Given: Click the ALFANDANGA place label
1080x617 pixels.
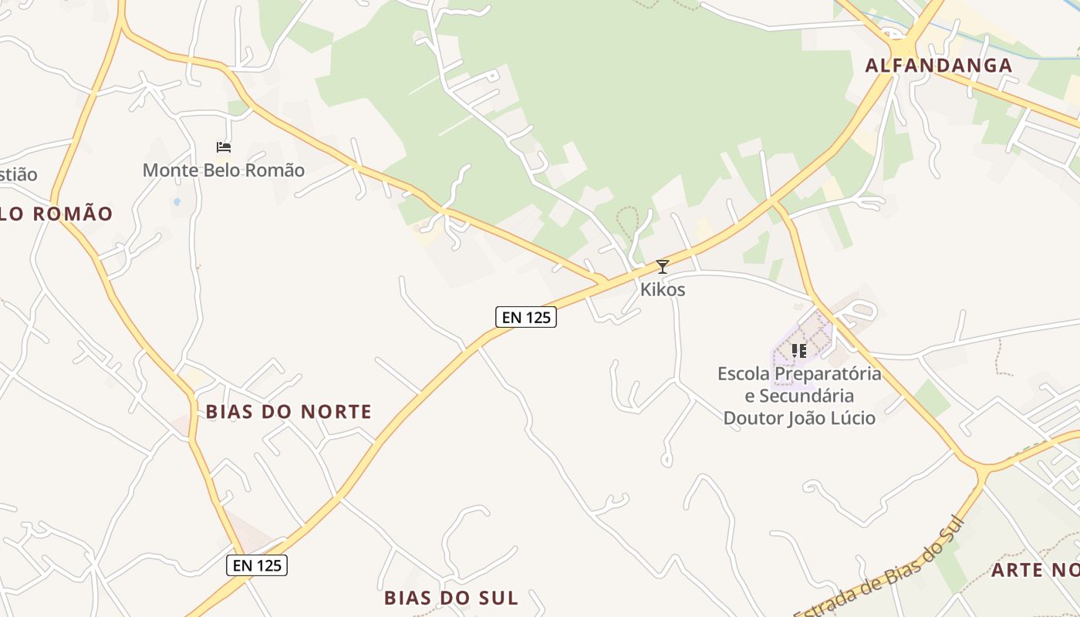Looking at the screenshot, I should (938, 66).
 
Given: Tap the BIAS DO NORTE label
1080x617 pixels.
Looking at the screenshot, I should (289, 412).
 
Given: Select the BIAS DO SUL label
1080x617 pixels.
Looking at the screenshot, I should (451, 598).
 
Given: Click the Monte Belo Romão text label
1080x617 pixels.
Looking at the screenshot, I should (224, 170).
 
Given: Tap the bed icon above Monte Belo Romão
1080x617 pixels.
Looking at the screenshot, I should (224, 147).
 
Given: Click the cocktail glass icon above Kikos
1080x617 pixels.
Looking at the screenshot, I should (662, 267).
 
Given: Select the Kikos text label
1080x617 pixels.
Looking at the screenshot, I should (663, 290).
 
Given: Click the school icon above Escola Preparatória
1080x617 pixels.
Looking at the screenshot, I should (798, 351).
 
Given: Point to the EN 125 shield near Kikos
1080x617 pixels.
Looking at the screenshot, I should (525, 317).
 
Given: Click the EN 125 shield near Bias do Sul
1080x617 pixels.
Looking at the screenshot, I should (257, 565).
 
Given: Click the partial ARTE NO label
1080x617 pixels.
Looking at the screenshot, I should (1034, 570).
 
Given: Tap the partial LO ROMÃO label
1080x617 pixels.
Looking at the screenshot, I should (56, 214).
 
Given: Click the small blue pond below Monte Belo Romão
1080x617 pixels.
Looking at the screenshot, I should (177, 202).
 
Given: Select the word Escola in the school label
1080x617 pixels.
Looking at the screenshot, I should (744, 374).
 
